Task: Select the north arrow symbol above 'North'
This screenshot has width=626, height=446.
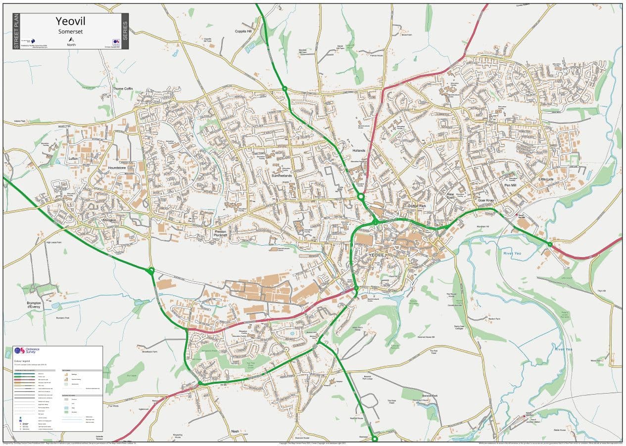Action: point(71,39)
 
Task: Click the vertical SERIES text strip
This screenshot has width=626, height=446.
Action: point(124,31)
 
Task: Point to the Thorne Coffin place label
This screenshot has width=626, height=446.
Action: point(123,89)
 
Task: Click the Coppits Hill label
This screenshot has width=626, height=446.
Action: point(243,31)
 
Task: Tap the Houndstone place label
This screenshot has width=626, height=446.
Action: point(117,168)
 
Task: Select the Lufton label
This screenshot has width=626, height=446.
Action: point(74,159)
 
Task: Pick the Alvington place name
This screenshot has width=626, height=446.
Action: point(109,220)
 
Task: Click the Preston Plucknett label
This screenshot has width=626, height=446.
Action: point(221,233)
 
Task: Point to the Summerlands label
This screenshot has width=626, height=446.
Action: point(282,176)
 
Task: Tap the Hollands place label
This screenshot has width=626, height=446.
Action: point(358,150)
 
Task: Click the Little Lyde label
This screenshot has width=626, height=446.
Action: point(546,179)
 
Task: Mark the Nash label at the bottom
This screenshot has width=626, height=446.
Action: point(235,431)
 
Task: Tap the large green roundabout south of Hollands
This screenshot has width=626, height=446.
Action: point(361,197)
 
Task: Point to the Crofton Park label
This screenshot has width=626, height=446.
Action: point(417,206)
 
